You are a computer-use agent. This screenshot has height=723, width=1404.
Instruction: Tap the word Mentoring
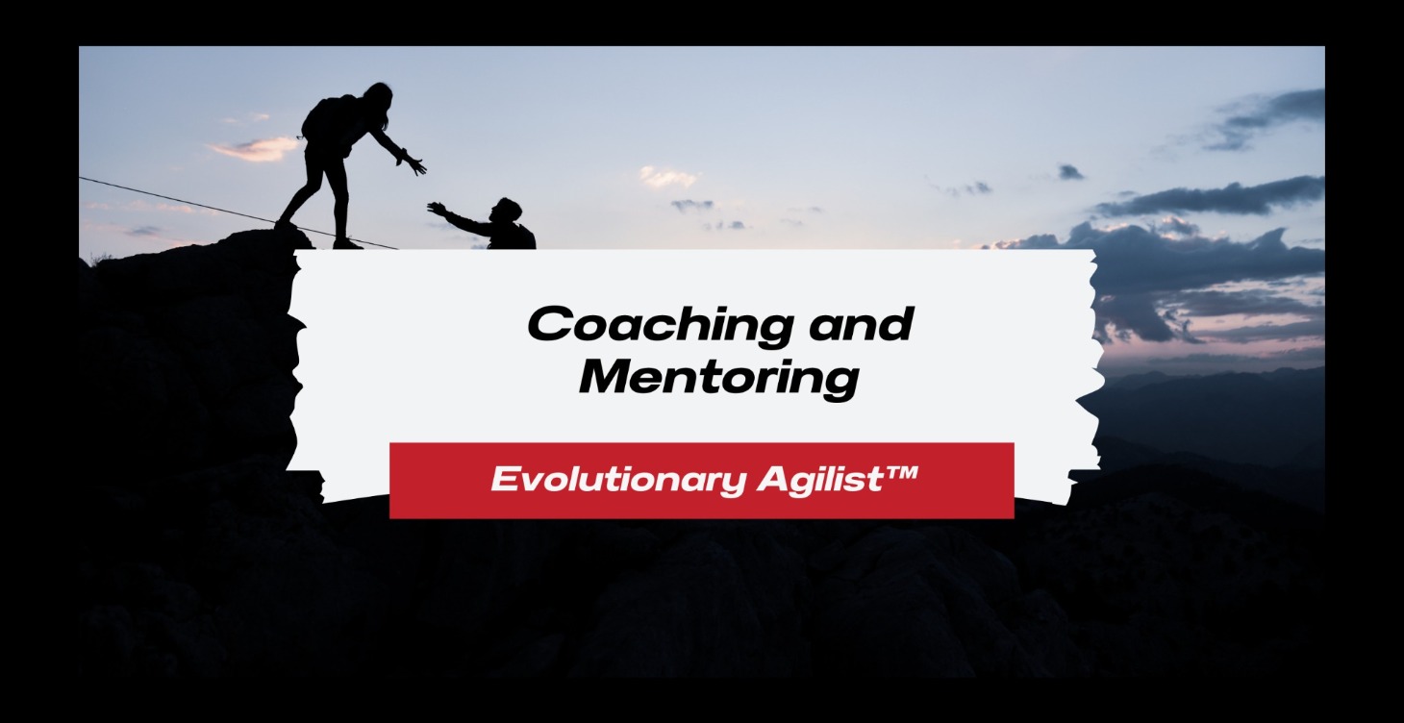click(717, 377)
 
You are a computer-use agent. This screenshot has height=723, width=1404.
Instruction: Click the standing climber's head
click(378, 97)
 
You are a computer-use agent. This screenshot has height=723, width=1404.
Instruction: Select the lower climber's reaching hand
click(438, 208)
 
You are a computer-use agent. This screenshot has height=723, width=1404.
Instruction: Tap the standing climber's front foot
click(347, 243)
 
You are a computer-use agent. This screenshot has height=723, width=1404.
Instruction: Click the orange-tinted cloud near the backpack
click(255, 148)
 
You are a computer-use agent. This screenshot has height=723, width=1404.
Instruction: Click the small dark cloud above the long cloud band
click(1070, 172)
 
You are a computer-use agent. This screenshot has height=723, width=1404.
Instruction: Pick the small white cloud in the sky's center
click(668, 177)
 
